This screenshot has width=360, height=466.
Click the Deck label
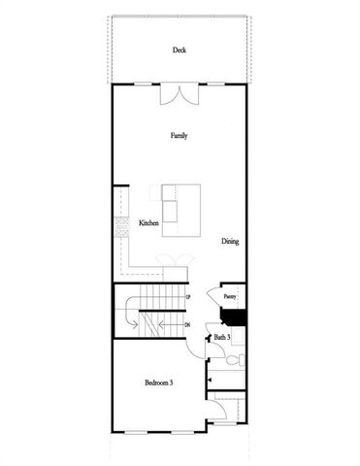coord(179,50)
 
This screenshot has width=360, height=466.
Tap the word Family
coord(179,135)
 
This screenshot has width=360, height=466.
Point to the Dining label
coord(230,242)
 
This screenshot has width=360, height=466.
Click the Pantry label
coord(230,297)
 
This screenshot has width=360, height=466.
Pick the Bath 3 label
coord(222,337)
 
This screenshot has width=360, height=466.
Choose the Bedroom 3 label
coord(158,383)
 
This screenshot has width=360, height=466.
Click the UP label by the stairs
coord(186,294)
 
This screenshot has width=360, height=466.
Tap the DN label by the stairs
coord(186,325)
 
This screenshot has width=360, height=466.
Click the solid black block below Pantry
coord(236,316)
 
